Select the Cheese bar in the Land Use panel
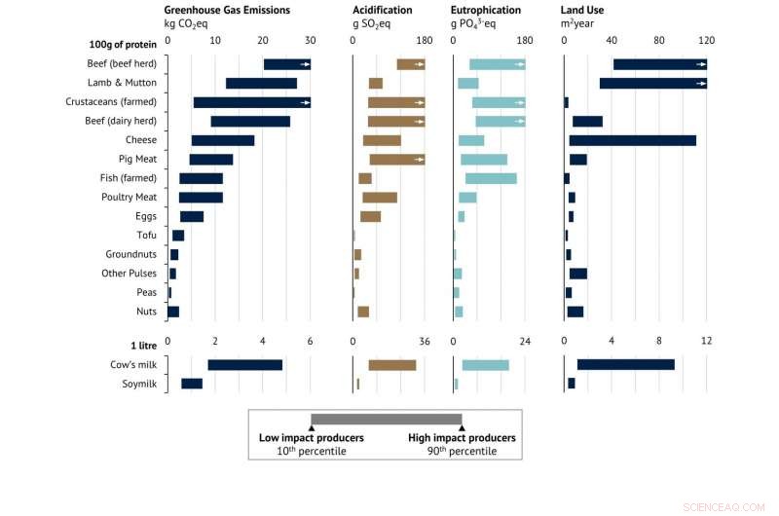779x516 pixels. [x=632, y=140]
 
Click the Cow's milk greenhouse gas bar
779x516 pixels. [x=244, y=365]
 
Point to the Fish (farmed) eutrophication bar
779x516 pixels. [x=491, y=178]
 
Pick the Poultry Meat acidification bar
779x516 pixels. [x=380, y=198]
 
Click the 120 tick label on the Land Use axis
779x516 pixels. [x=706, y=41]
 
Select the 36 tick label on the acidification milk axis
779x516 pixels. [x=424, y=341]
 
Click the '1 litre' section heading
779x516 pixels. [x=137, y=345]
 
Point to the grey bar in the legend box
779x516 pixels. [x=386, y=419]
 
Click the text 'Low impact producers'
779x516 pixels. [x=311, y=438]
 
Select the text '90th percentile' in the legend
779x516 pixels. [x=462, y=452]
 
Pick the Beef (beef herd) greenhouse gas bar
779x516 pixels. [x=286, y=64]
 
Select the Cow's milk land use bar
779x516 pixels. [x=625, y=365]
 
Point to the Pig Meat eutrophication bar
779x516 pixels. [x=484, y=159]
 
